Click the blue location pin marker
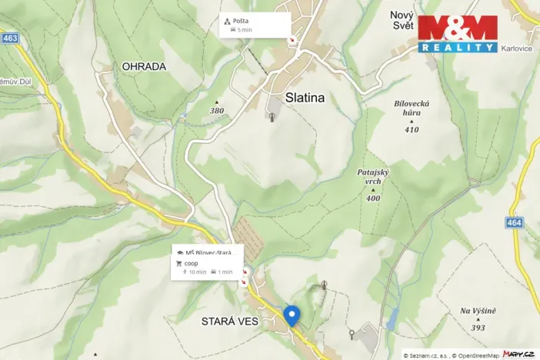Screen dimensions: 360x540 tap(292, 315)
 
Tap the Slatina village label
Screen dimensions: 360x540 tap(305, 98)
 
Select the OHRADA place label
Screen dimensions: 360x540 tap(144, 67)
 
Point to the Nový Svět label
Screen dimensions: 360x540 tap(402, 21)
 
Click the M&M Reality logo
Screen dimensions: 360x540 tap(458, 34)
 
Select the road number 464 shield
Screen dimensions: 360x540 tap(515, 222)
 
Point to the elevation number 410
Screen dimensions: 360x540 tap(412, 129)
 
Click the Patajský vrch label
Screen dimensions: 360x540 tap(374, 177)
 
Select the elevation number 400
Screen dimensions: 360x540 tap(374, 198)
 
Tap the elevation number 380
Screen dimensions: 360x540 tap(217, 111)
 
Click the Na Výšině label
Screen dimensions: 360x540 tap(478, 311)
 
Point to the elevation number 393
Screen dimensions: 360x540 tap(478, 328)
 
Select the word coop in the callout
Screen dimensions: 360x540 tap(192, 262)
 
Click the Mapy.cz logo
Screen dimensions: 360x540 tap(518, 354)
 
